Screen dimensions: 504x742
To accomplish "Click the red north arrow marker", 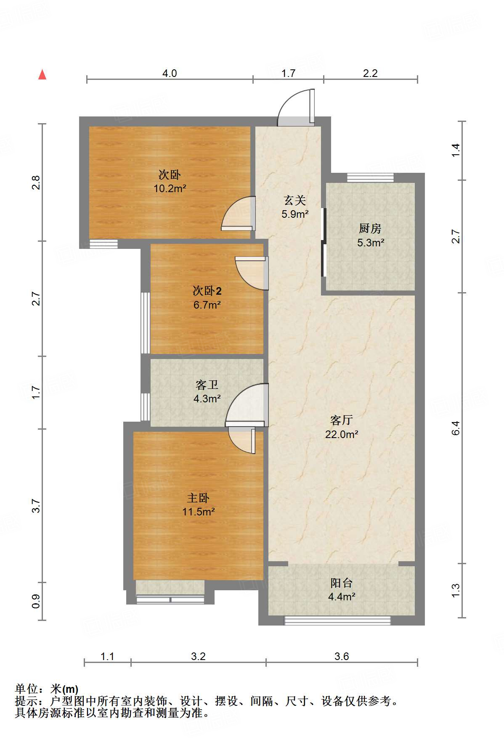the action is (x=42, y=74).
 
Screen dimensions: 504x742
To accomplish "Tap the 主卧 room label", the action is (x=198, y=498).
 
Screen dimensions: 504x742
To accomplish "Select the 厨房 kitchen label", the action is (x=370, y=228).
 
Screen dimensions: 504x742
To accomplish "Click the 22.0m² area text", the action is (x=342, y=434).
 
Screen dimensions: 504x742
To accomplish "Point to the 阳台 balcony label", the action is (x=342, y=583).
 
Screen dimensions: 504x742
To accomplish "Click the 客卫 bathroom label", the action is (x=207, y=385).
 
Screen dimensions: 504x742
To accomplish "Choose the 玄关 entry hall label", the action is (x=295, y=200).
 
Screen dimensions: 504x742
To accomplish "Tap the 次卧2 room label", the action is (x=207, y=290).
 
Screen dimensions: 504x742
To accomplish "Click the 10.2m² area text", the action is (x=170, y=188).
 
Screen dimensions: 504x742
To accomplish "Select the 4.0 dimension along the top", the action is (x=170, y=74).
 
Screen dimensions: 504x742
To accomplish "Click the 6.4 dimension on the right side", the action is (x=456, y=428).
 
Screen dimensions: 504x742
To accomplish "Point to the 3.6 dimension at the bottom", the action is (x=342, y=656).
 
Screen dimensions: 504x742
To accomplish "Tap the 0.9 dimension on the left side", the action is (x=36, y=601).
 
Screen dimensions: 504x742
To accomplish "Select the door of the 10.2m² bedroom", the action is (x=238, y=214).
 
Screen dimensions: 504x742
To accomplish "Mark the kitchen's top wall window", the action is (x=370, y=177).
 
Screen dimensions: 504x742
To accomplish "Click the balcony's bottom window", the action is (x=337, y=620).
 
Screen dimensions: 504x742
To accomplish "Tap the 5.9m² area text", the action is (x=295, y=214).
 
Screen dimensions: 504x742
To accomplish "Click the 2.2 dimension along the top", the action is (x=370, y=74).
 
